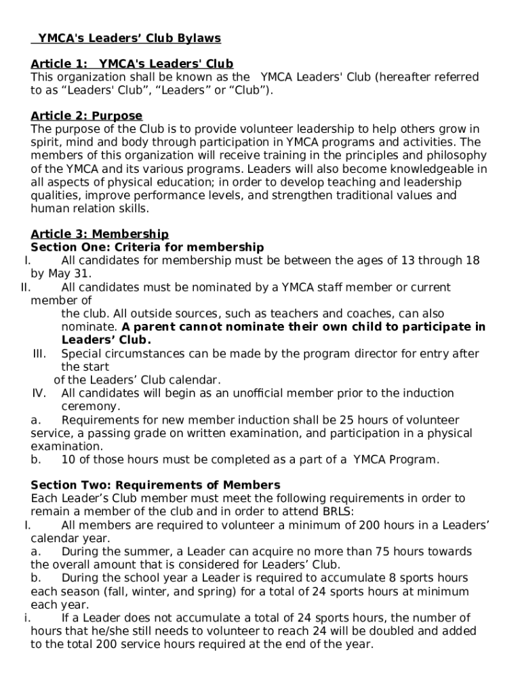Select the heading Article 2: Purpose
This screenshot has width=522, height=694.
pos(87,116)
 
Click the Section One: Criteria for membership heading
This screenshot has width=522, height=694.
pos(147,247)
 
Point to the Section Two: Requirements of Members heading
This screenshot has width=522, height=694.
pos(155,485)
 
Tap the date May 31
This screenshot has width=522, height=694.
pos(70,274)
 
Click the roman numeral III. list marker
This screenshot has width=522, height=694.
pos(39,354)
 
